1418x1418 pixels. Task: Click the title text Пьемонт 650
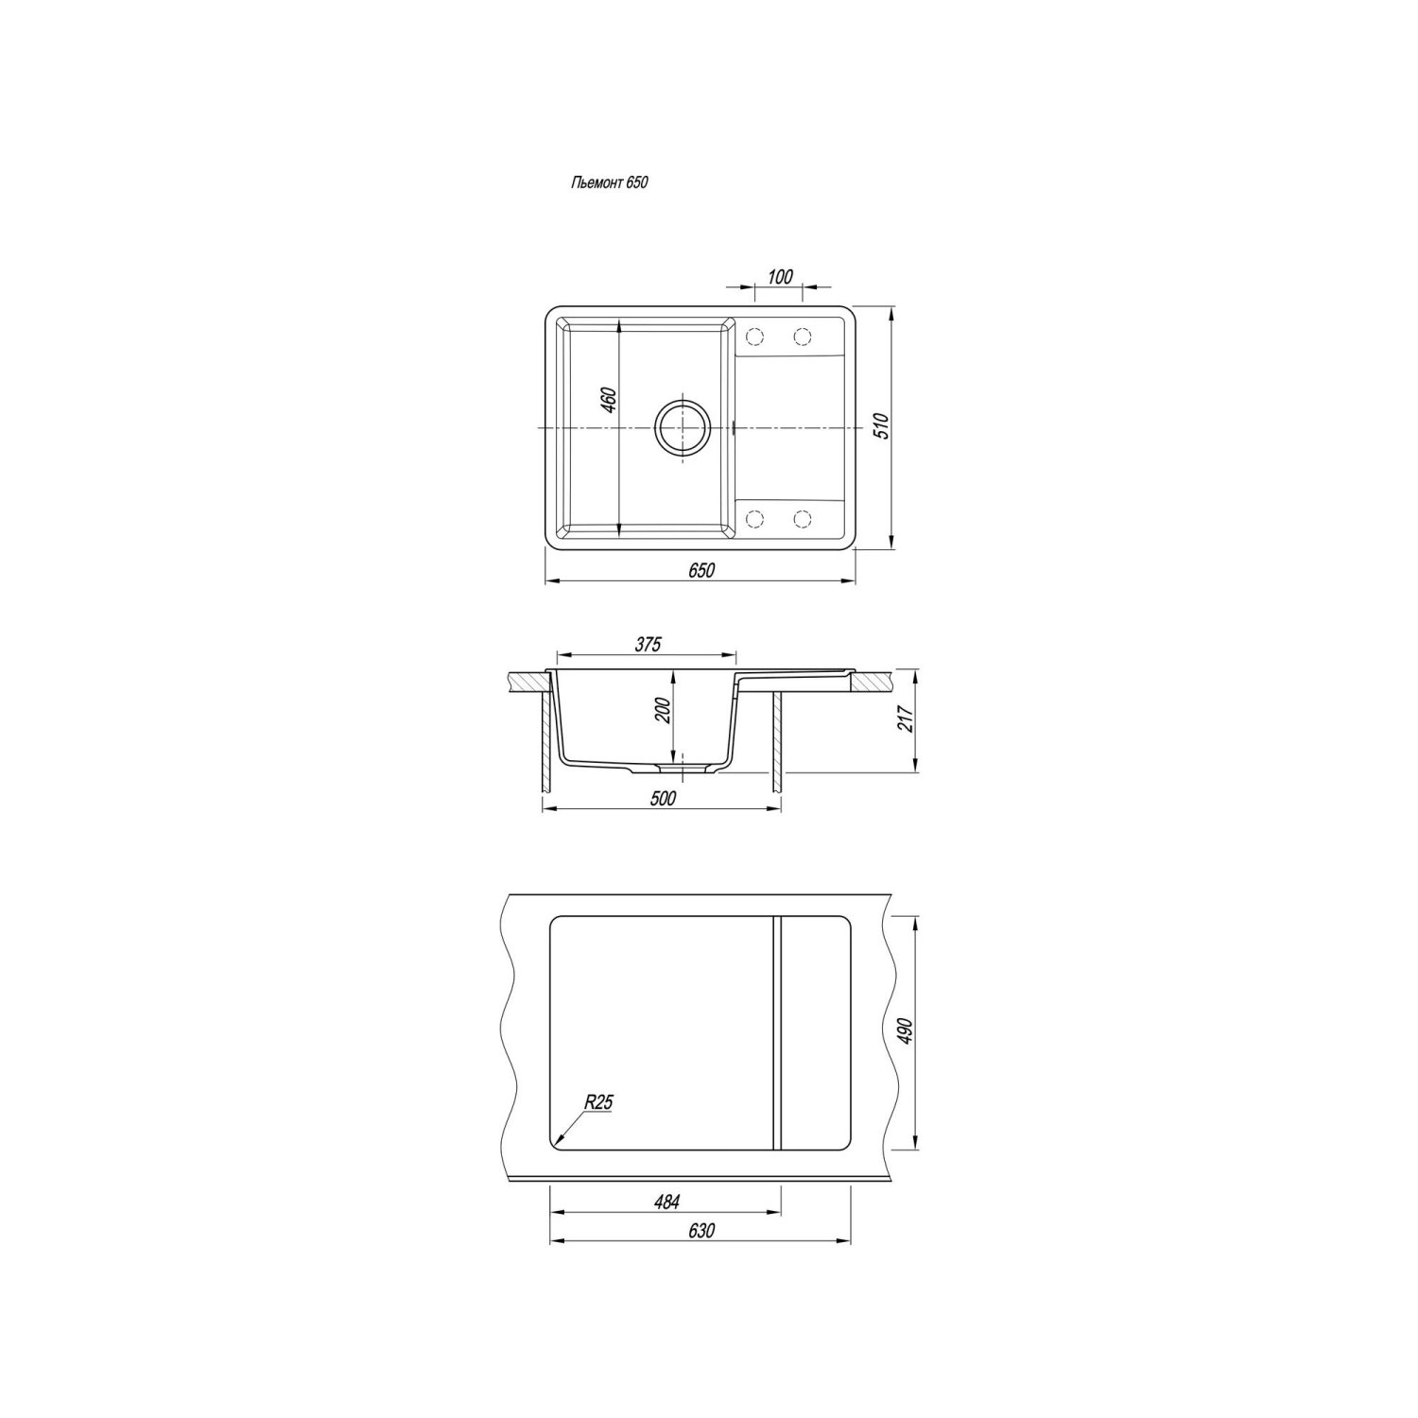click(609, 183)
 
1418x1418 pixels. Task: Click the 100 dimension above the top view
click(780, 276)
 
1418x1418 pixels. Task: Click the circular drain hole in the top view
click(681, 428)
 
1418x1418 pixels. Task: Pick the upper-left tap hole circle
click(755, 337)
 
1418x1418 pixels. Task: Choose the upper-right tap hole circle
click(803, 337)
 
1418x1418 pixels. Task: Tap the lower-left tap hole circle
click(755, 518)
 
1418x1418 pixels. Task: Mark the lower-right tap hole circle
click(803, 518)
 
